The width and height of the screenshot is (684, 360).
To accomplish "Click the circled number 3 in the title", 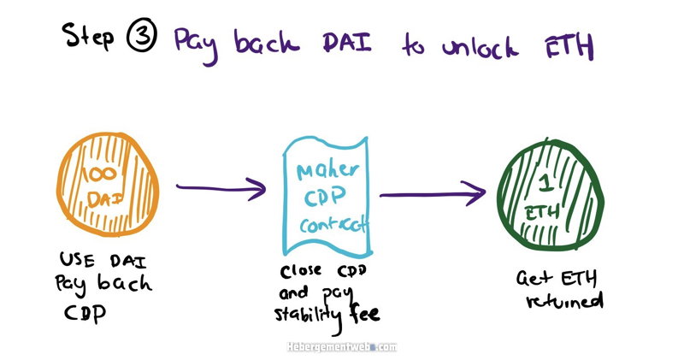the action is (x=142, y=35).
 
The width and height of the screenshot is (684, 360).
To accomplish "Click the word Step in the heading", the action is (x=89, y=36).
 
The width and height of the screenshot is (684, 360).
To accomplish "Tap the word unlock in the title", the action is (x=481, y=46).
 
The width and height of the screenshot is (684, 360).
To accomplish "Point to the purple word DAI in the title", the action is (x=347, y=42).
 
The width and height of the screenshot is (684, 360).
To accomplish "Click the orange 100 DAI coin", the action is (x=108, y=184).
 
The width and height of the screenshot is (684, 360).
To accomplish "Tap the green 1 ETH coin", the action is (x=551, y=195).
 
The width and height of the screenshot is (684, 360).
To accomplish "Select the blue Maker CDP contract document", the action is (x=327, y=196).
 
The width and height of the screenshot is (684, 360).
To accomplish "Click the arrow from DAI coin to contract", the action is (x=221, y=188).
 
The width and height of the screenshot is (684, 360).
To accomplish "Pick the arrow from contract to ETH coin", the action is (x=433, y=193).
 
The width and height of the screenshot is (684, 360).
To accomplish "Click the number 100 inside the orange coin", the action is (x=100, y=174).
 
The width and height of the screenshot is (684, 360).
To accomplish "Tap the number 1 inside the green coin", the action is (x=545, y=182).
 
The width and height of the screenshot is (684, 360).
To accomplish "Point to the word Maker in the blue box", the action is (x=327, y=171).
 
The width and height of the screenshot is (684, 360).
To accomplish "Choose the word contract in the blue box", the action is (x=333, y=224).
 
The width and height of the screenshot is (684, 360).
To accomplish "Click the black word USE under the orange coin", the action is (x=77, y=260).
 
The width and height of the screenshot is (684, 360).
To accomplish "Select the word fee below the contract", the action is (x=364, y=312).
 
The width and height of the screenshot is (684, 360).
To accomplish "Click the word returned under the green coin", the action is (x=564, y=301).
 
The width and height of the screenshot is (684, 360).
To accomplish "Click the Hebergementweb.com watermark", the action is (x=342, y=347).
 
